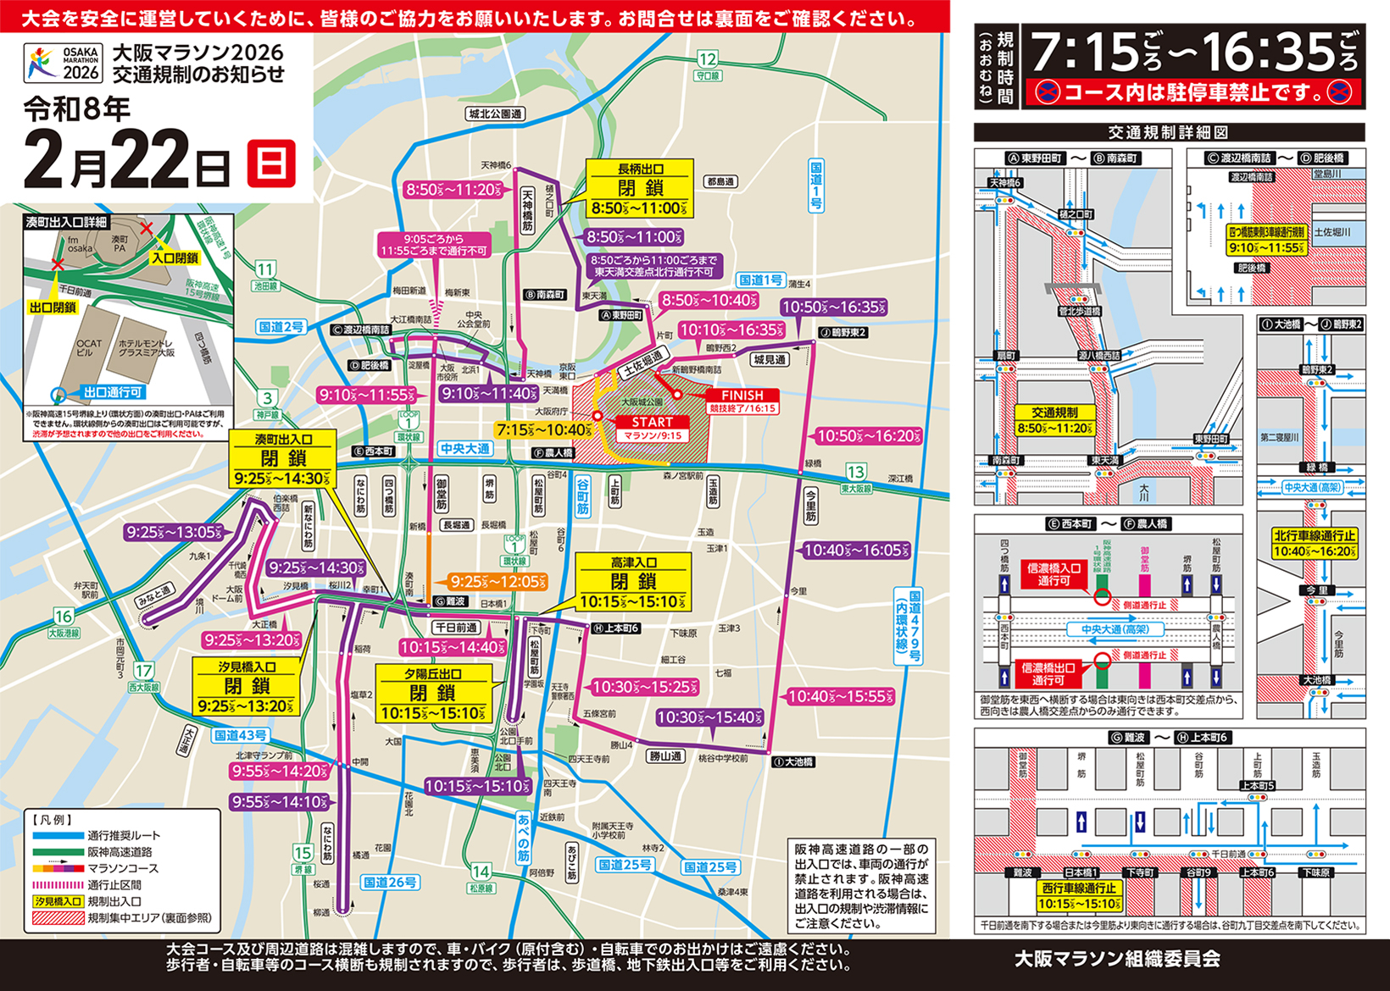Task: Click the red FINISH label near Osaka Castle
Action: [x=742, y=396]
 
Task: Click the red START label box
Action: [x=652, y=422]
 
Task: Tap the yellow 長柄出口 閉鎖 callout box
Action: [x=640, y=189]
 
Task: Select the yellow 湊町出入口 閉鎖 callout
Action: [x=283, y=459]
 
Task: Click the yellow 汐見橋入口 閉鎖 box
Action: [x=247, y=686]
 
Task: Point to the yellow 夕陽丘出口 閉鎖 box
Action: [x=433, y=693]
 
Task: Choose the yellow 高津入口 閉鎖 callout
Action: [x=633, y=582]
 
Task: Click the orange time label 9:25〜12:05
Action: [x=498, y=582]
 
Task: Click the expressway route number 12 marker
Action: [x=707, y=59]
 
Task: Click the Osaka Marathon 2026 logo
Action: [x=63, y=64]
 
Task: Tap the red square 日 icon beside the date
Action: [x=271, y=163]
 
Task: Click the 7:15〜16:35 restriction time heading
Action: [x=1193, y=53]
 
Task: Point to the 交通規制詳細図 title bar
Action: [x=1169, y=132]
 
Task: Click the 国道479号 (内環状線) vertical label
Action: [x=908, y=627]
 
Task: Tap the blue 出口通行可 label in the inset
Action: [x=113, y=392]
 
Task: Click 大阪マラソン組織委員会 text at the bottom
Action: [x=1117, y=959]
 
